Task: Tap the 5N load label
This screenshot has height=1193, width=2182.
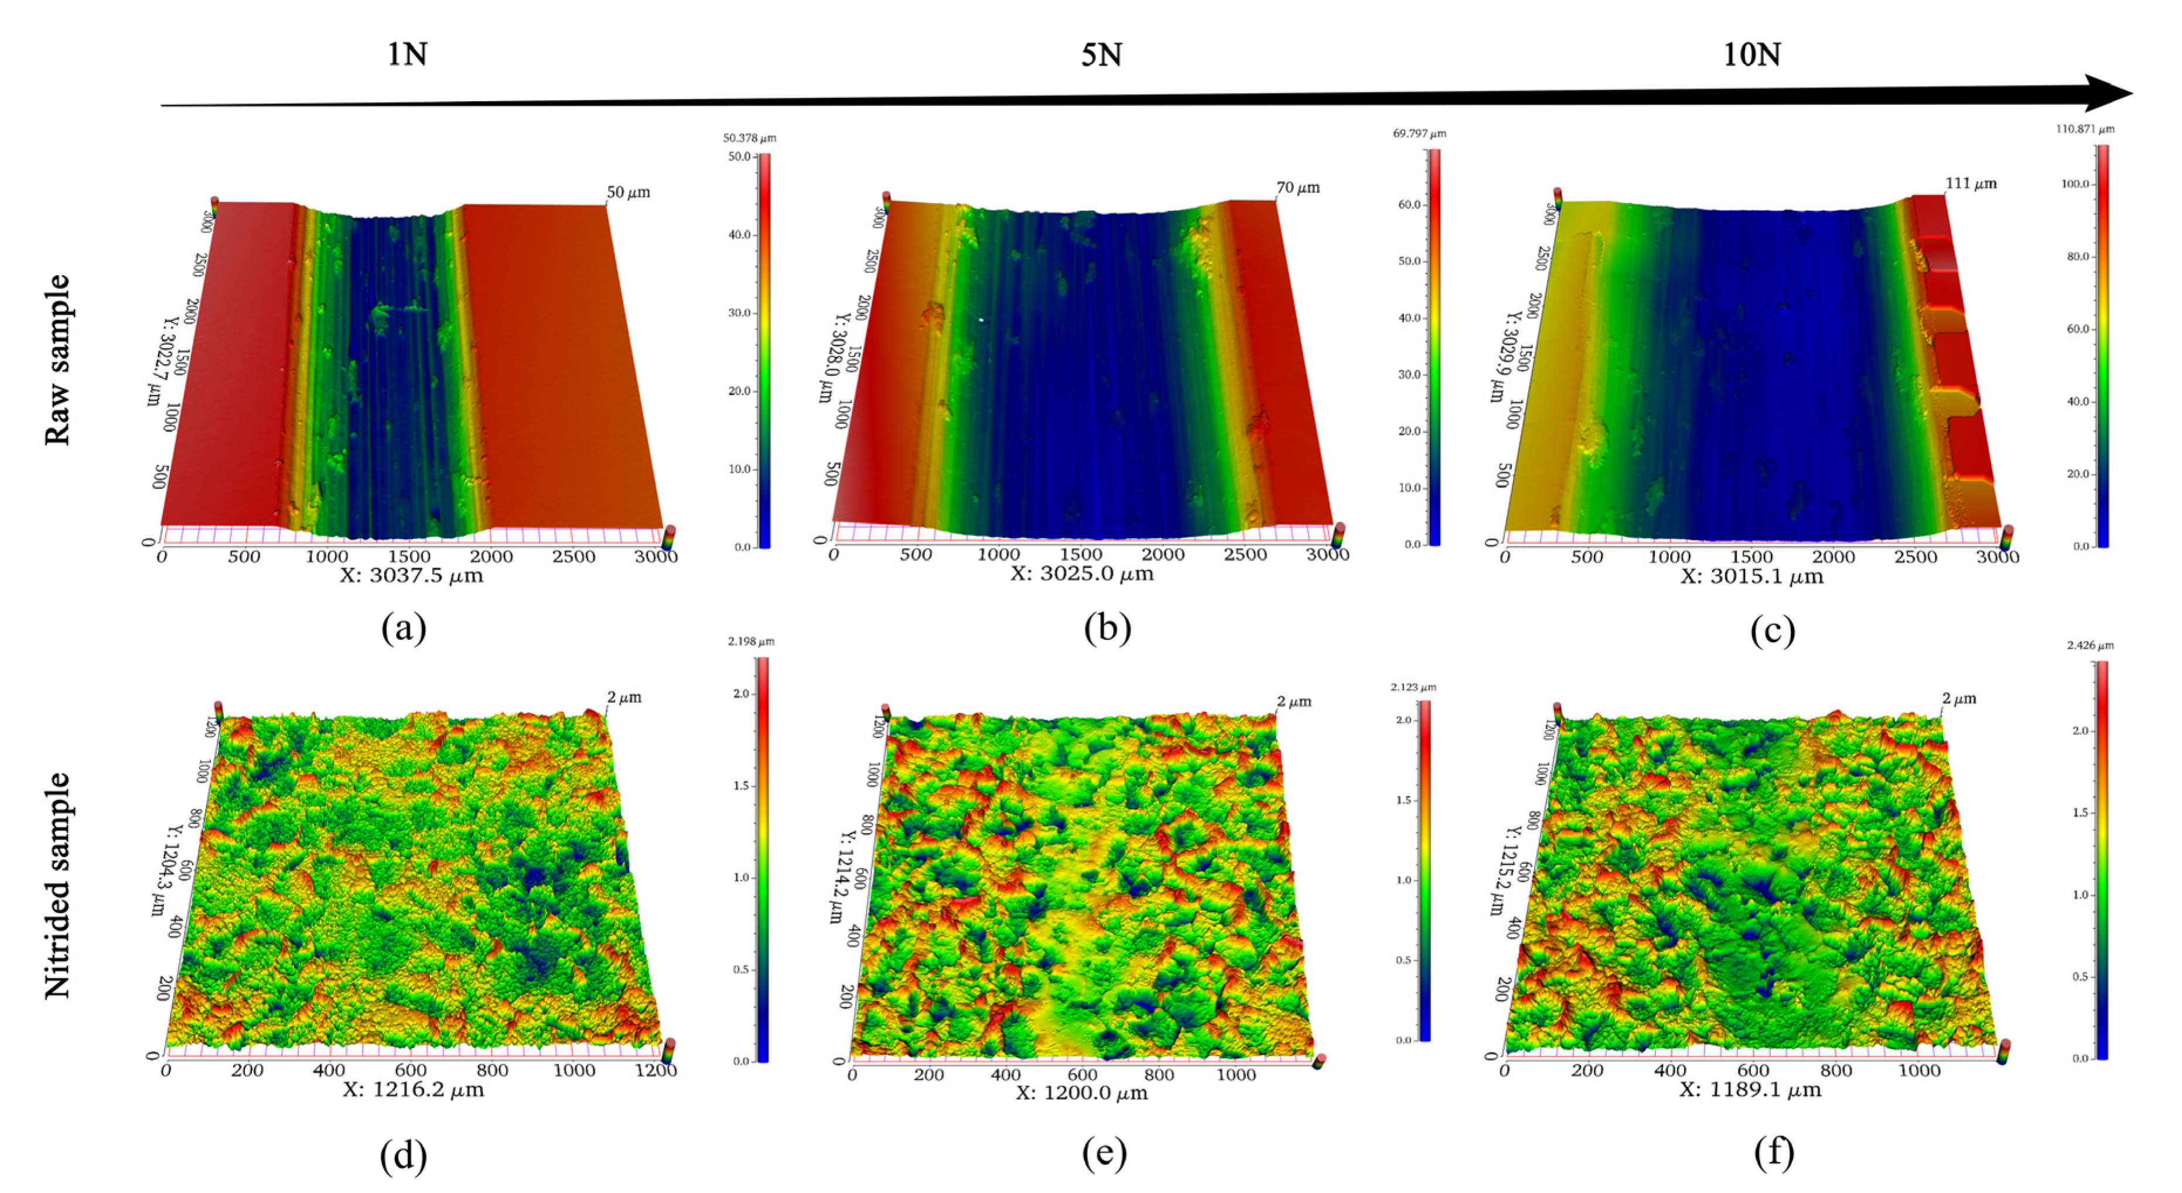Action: coord(1101,55)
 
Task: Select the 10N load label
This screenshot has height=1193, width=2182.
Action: coord(1751,55)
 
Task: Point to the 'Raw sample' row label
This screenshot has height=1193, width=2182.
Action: coord(57,360)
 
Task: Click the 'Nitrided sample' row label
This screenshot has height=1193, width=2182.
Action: coord(57,886)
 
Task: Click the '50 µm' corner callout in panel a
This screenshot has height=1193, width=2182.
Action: coord(629,192)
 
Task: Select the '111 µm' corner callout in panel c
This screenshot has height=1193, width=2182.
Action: coord(1971,183)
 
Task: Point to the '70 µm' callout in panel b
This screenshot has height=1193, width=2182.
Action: coord(1297,187)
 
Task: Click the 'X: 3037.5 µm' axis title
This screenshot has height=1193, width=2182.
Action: coord(412,577)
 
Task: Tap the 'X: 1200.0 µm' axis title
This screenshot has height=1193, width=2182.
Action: coord(1082,1093)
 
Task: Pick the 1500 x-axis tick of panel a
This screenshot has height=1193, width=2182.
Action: coord(409,556)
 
